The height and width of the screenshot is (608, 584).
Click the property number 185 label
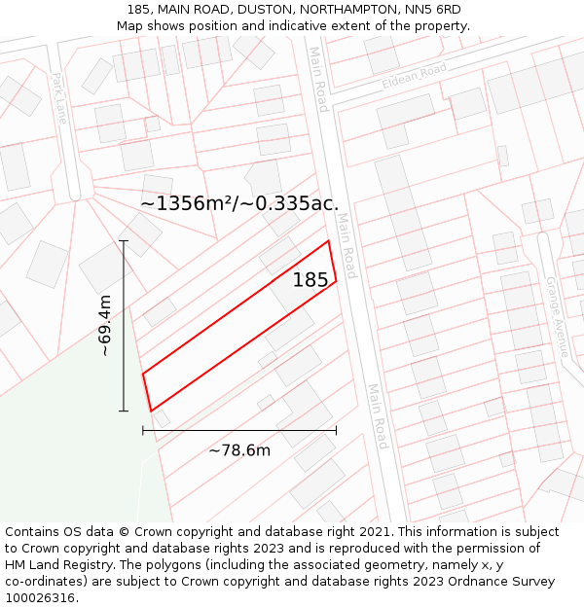point(310,280)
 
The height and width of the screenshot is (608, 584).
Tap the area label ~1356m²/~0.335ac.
point(239,203)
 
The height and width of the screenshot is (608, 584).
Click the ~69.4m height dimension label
point(105,326)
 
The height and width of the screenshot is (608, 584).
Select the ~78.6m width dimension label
point(239,449)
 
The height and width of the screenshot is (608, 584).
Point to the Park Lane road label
point(60,98)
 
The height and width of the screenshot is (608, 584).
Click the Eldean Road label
point(414,76)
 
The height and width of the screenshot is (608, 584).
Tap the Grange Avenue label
point(556,318)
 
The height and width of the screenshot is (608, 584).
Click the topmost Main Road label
point(318,79)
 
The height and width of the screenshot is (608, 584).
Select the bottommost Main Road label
point(378,416)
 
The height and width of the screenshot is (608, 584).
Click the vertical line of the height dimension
point(124,326)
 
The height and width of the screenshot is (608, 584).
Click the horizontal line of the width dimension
point(239,429)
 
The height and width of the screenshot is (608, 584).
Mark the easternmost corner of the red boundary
point(337,282)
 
